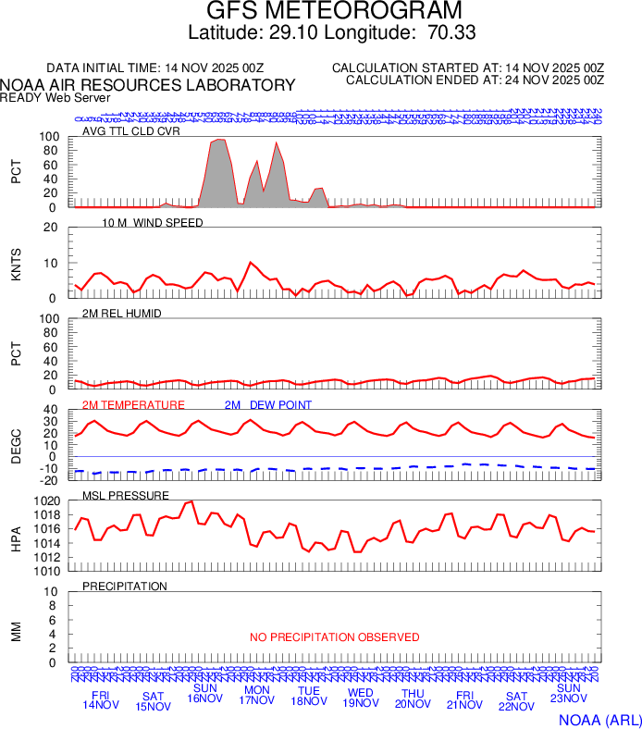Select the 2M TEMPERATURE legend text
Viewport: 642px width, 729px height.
coord(133,405)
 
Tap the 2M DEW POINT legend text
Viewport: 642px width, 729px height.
coord(268,405)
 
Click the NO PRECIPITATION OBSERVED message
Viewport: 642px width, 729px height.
coord(334,637)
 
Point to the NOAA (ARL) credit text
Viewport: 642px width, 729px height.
coord(599,718)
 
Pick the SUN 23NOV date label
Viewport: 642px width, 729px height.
coord(567,694)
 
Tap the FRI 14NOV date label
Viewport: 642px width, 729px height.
coord(101,700)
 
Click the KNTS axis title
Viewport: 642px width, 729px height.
coord(16,263)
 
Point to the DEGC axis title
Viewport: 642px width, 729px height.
coord(16,443)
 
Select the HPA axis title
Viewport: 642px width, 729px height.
coord(16,537)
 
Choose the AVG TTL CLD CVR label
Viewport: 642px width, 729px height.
coord(130,131)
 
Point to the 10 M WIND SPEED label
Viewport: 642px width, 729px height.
coord(153,223)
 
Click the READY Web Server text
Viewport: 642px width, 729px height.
coord(55,97)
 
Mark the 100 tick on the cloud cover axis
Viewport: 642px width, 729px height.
coord(52,137)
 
